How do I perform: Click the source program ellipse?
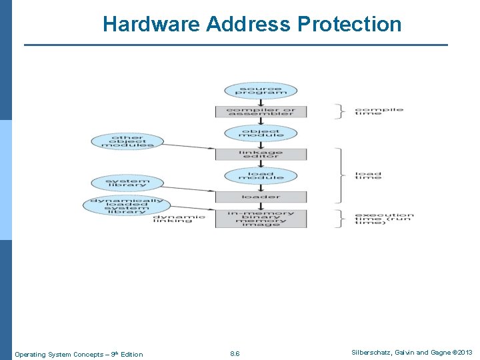pos(261,91)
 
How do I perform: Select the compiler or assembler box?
pos(261,111)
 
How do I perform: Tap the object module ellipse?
pos(261,133)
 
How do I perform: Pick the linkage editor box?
pos(261,154)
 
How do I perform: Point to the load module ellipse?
pos(261,175)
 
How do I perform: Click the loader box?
pos(261,197)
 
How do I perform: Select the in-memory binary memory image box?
pos(261,219)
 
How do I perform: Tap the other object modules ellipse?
pos(127,141)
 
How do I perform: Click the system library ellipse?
pos(127,183)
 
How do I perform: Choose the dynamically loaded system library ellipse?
pos(127,205)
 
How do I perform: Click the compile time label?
pos(379,111)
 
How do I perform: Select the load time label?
pos(368,175)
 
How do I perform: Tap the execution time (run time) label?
pos(384,219)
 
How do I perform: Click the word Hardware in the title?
pos(151,25)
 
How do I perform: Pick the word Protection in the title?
pos(349,25)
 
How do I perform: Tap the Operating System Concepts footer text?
pos(79,354)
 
